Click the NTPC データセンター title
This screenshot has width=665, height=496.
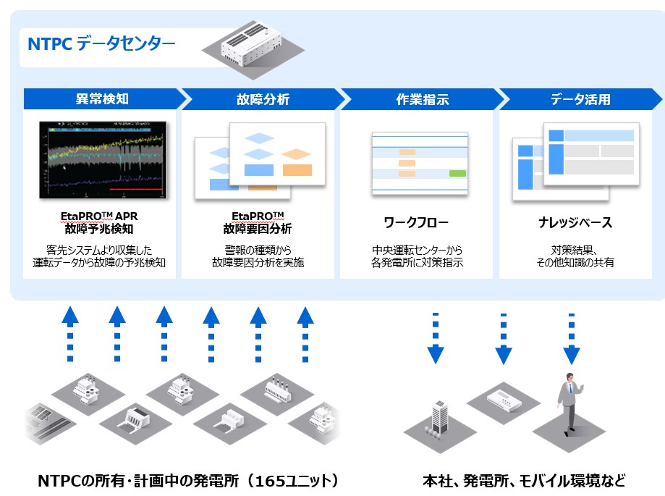click(101, 44)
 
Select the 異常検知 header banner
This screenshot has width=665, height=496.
click(102, 98)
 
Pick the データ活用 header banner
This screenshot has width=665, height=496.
click(580, 98)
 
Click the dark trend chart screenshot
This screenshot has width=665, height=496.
click(102, 161)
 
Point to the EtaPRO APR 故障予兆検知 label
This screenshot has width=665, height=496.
click(102, 222)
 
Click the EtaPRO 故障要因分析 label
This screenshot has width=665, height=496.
click(258, 222)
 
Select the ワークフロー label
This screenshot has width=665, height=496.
click(417, 222)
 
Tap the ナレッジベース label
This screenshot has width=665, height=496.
click(577, 222)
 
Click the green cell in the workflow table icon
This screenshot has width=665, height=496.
click(457, 173)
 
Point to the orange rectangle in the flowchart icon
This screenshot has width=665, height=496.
click(297, 169)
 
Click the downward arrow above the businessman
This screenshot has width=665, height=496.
click(572, 340)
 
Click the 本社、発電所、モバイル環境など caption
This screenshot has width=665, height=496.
click(522, 481)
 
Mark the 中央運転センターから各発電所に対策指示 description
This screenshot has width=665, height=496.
click(418, 256)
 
